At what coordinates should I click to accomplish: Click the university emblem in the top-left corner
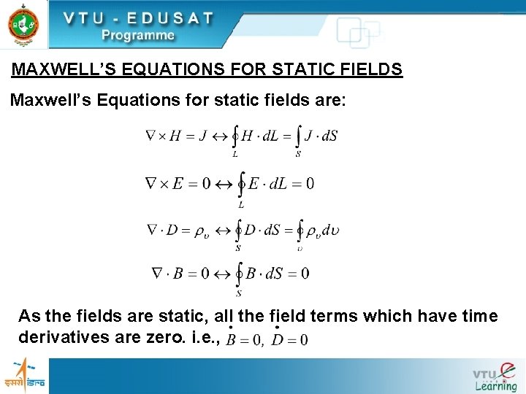(23, 23)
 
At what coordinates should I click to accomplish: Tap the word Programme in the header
(138, 35)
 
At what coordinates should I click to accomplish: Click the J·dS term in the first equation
(321, 136)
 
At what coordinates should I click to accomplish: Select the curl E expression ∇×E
(164, 183)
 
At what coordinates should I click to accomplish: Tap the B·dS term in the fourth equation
(265, 274)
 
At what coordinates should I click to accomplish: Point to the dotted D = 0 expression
(289, 339)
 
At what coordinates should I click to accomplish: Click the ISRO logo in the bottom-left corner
(23, 374)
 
